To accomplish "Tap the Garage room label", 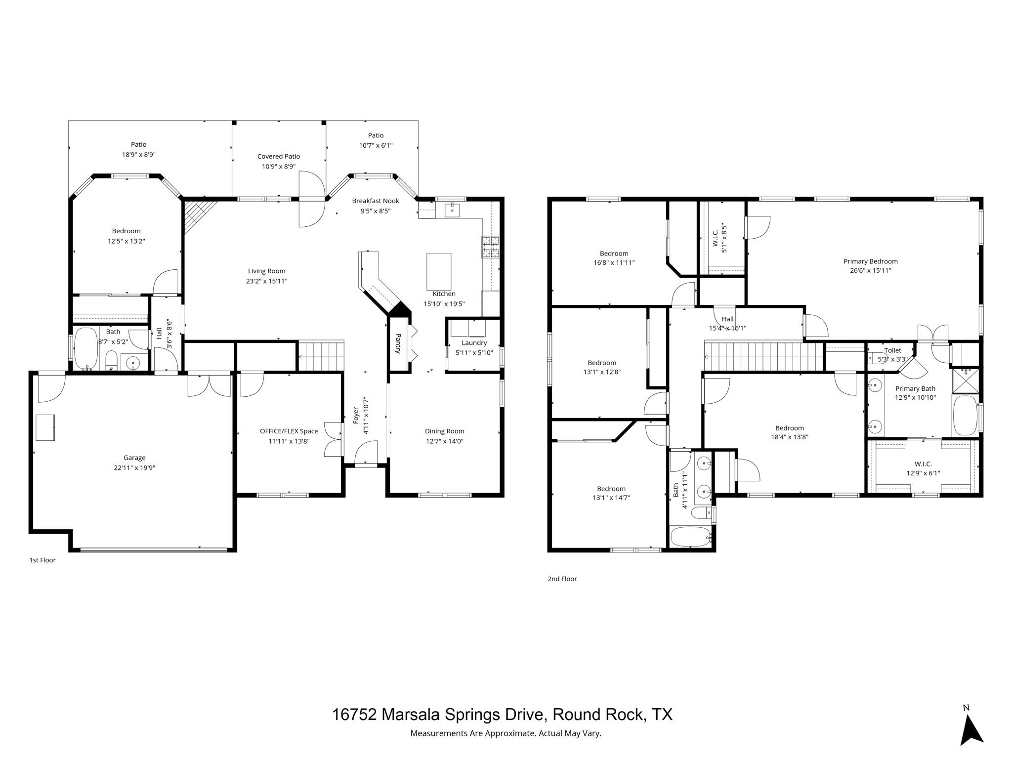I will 134,458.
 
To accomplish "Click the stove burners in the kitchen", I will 490,247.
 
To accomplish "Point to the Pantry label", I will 398,343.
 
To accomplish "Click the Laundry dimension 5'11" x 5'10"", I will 474,353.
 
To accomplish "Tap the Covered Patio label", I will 279,156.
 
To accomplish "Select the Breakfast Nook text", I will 376,201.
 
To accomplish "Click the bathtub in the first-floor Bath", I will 86,348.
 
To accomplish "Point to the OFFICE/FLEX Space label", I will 289,431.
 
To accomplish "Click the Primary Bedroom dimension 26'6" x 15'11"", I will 871,270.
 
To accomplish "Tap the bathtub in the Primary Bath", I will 965,415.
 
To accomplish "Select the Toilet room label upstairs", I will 892,350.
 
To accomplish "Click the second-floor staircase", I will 763,356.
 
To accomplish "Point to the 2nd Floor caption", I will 562,579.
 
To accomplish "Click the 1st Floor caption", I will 42,560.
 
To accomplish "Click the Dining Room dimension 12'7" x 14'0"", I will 445,441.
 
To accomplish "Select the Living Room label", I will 267,271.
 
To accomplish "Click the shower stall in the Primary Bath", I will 965,379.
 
